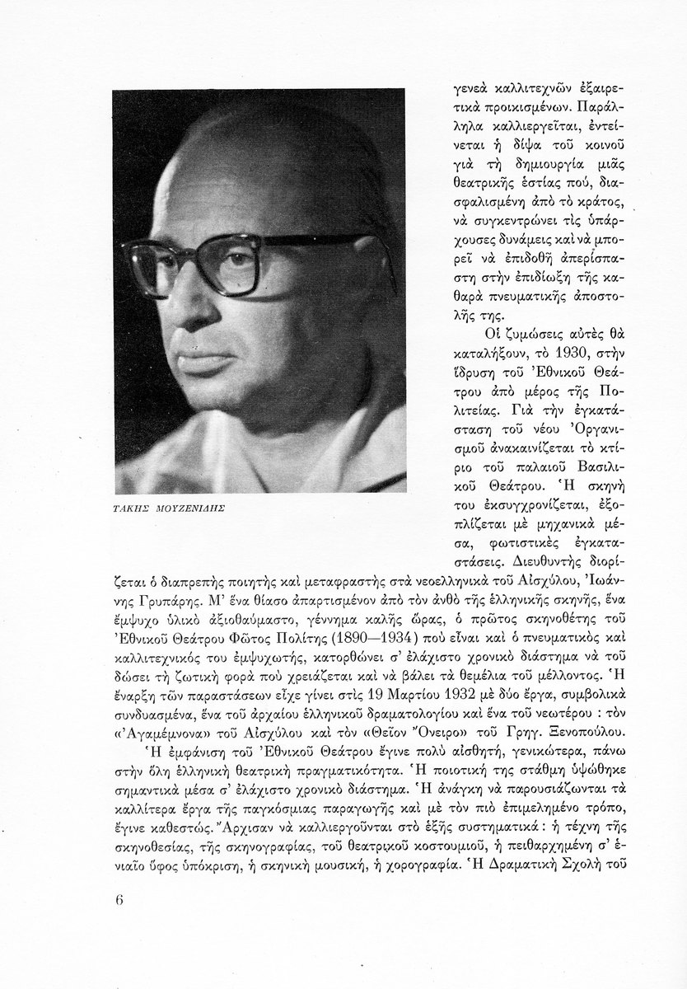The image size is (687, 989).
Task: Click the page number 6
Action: coord(119,898)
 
